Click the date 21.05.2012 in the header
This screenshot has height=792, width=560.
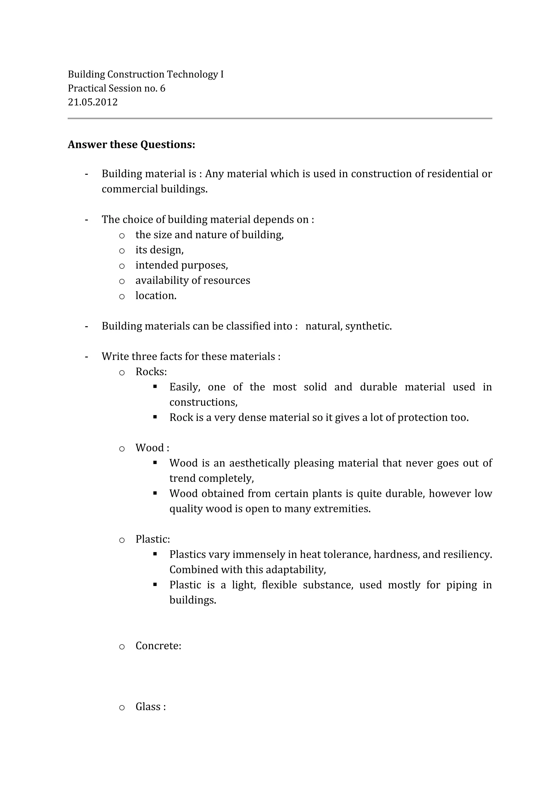pos(92,102)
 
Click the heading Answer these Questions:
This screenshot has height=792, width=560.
pos(131,144)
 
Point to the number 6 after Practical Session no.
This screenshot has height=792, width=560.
pos(163,88)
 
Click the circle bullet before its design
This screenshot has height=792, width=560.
pos(122,251)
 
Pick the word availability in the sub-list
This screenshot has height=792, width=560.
pos(162,280)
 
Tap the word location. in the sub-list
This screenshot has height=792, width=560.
pos(156,296)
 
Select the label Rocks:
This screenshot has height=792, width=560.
pos(151,372)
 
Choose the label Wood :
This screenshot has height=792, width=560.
pos(152,448)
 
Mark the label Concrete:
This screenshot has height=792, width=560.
pos(158,646)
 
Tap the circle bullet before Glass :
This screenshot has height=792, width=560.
pos(122,707)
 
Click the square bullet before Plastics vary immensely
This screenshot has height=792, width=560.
pos(155,554)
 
